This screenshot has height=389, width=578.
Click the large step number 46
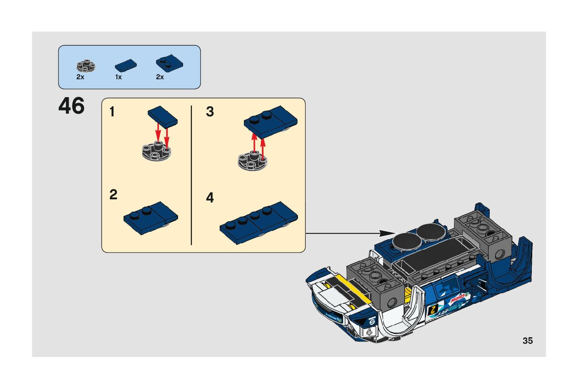pyautogui.click(x=71, y=106)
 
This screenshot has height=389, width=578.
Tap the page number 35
pyautogui.click(x=527, y=340)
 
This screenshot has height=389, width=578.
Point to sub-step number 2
pyautogui.click(x=113, y=195)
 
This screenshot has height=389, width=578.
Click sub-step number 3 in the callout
pyautogui.click(x=210, y=112)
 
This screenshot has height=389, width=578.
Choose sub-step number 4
pyautogui.click(x=210, y=198)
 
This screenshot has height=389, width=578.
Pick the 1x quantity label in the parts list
pyautogui.click(x=119, y=77)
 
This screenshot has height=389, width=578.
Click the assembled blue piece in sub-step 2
pyautogui.click(x=150, y=218)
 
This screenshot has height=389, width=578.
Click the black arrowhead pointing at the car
pyautogui.click(x=387, y=233)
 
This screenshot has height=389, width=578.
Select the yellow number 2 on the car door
pyautogui.click(x=432, y=309)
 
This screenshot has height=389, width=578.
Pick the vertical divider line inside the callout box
pyautogui.click(x=191, y=175)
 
